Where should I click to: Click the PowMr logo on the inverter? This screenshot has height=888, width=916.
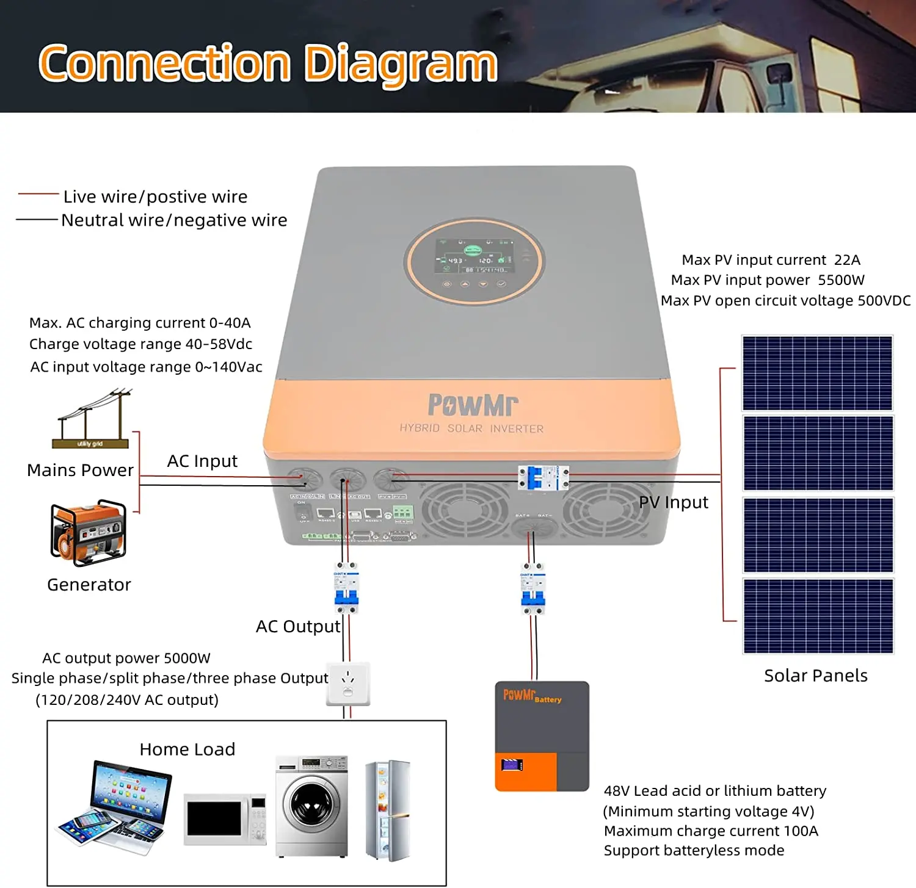point(473,405)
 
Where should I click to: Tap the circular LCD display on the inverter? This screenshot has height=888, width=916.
point(474,261)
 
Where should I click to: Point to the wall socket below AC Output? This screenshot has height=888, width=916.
point(348,684)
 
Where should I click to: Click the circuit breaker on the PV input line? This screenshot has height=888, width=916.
point(543,477)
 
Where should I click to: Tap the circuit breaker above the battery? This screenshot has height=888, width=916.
point(533,588)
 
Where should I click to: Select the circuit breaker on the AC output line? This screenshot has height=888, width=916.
point(346,588)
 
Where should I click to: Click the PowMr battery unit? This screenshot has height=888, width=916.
point(542,736)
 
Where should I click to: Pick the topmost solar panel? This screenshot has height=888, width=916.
point(817,373)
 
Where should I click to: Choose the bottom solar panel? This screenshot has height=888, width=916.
point(818,616)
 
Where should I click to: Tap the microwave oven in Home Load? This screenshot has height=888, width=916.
point(225,819)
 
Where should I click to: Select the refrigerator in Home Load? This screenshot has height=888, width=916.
point(387,809)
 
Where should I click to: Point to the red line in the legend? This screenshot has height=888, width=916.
point(38,194)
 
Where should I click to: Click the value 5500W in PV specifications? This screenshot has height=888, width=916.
point(841,280)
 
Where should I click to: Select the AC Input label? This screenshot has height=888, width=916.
point(202,461)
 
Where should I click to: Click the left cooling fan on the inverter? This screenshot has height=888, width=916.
point(465,510)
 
